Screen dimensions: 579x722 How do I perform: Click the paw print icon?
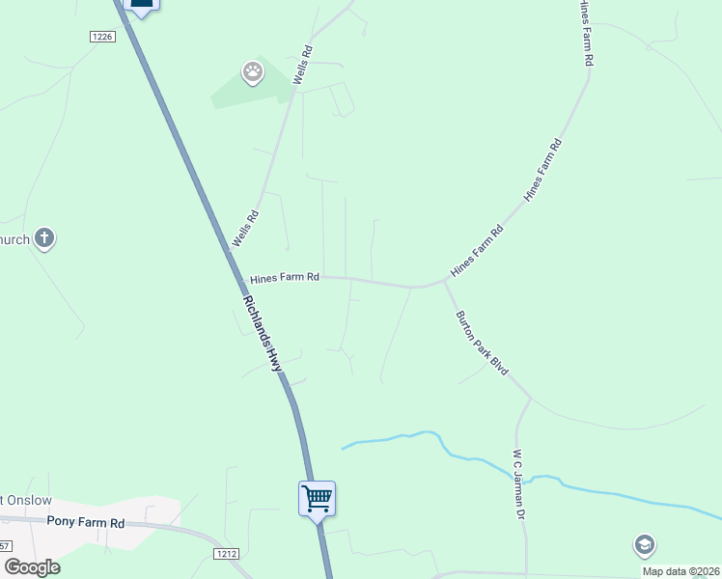point(252,72)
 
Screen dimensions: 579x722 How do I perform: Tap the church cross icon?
point(43,237)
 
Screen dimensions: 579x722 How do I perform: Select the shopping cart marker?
point(317,499)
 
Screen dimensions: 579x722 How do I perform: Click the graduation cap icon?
point(644,545)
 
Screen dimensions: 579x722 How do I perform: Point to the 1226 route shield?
point(102,37)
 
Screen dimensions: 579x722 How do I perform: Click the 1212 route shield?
point(226,553)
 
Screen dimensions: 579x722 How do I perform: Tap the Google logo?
point(32,567)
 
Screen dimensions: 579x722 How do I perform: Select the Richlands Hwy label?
point(263,333)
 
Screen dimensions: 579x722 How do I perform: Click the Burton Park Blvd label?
point(482,343)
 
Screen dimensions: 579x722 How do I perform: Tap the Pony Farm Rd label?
point(86,522)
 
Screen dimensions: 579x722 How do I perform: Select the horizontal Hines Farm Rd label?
point(285,278)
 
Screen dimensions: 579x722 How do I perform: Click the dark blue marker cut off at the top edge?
point(141,6)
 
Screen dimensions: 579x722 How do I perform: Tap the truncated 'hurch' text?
point(14,238)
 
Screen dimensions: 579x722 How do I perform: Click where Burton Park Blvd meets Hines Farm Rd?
point(445,281)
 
